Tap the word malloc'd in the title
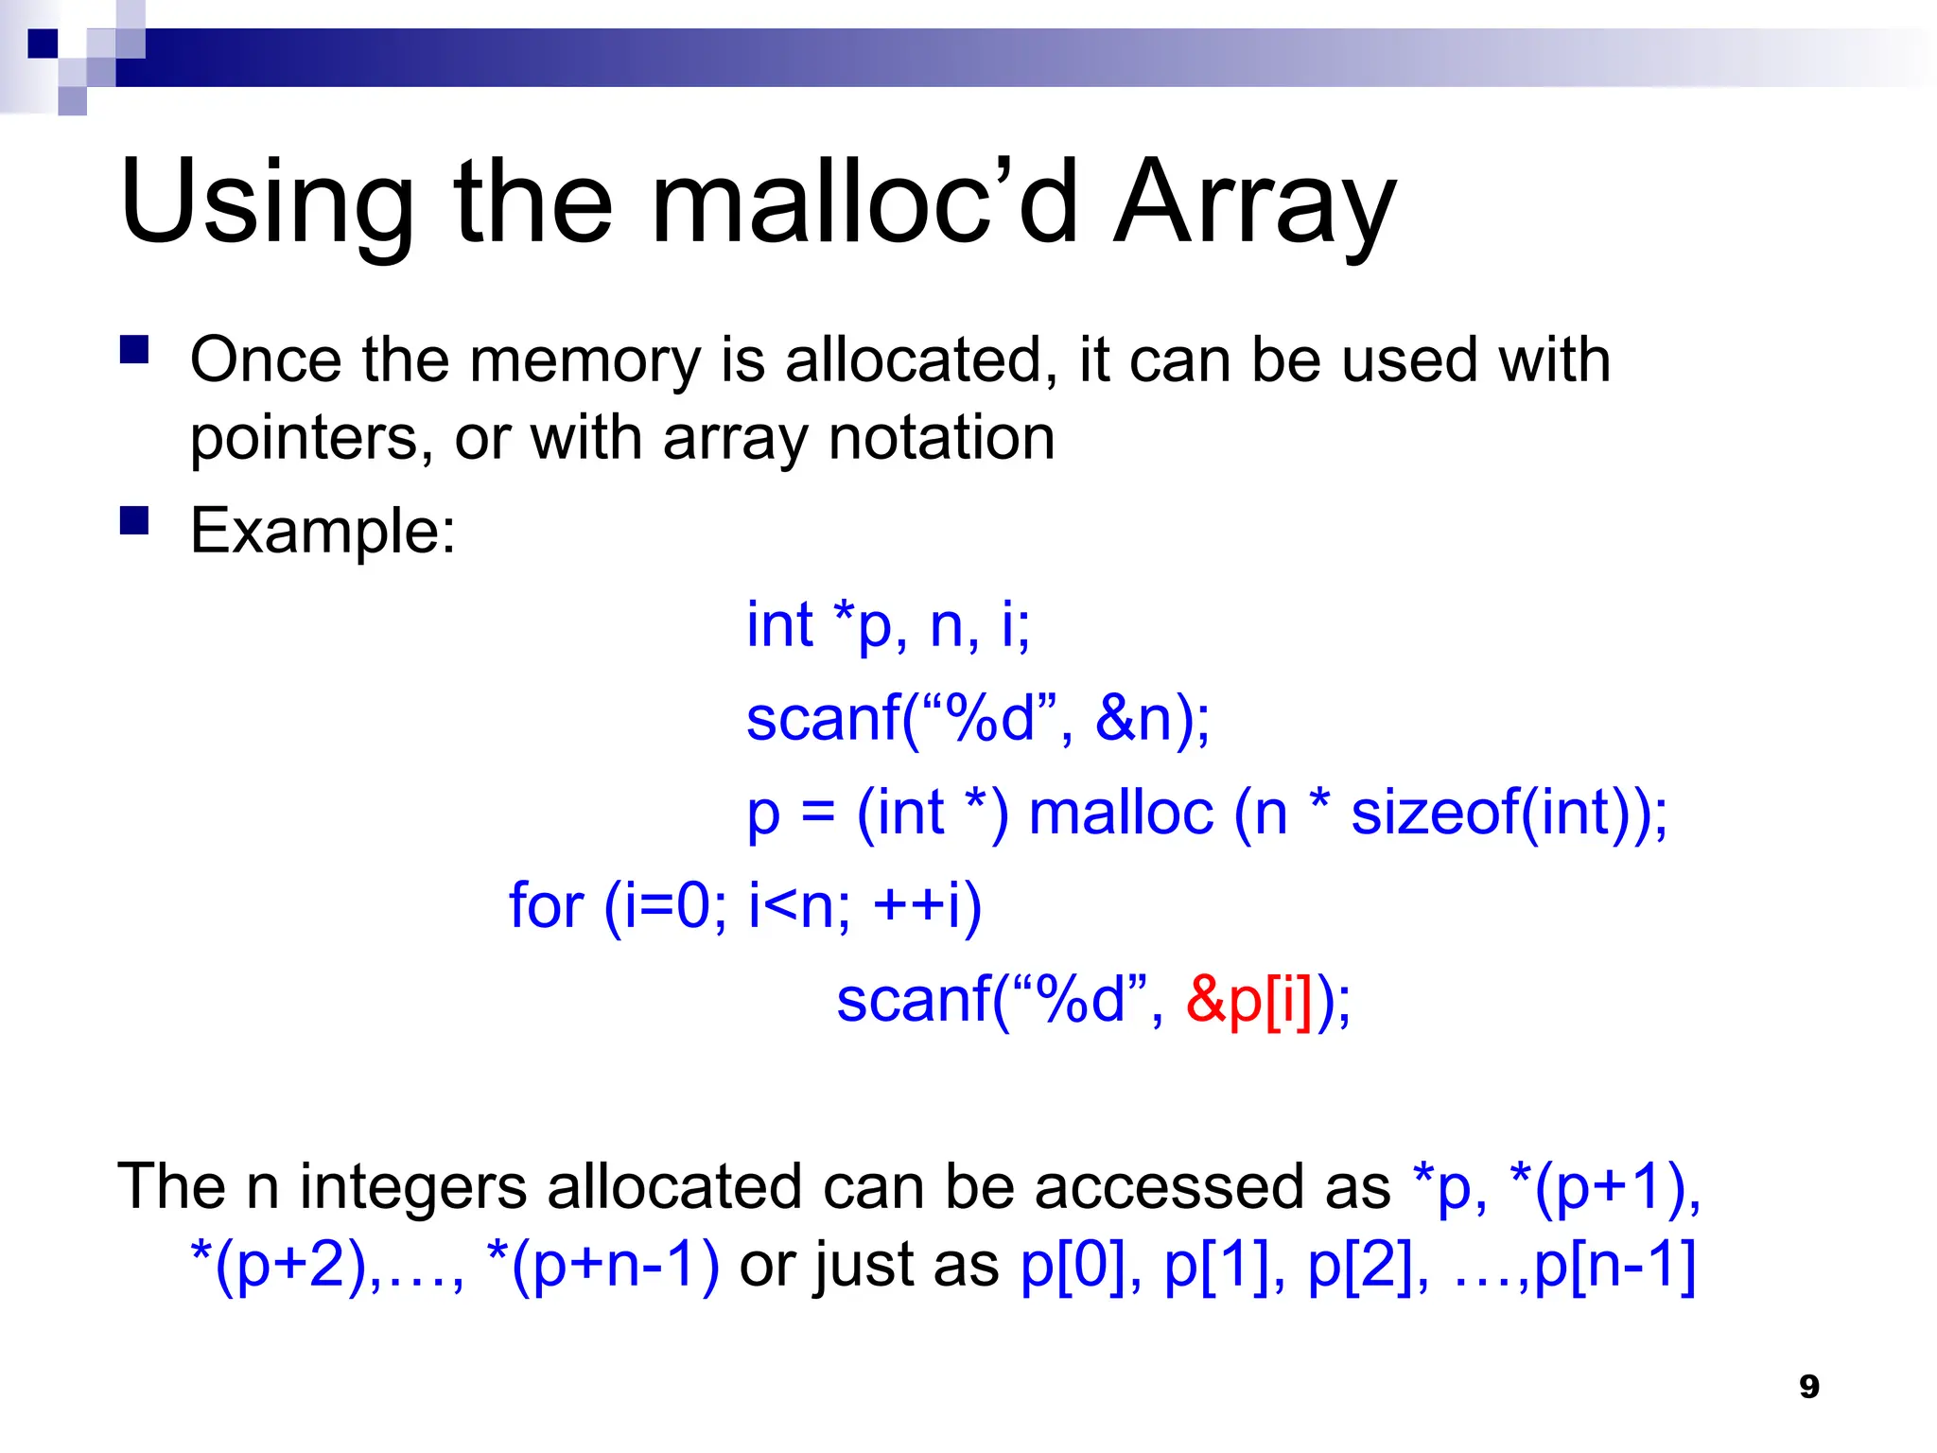pos(864,201)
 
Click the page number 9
pos(1808,1387)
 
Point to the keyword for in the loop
pos(546,905)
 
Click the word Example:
pos(323,531)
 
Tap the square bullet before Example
pos(134,521)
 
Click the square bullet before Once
pos(134,350)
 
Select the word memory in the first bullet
pos(585,360)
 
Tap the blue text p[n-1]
pos(1614,1265)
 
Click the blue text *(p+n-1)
pos(602,1265)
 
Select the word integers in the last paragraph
pos(413,1187)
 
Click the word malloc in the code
pos(1121,812)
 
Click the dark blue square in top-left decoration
pos(43,44)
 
